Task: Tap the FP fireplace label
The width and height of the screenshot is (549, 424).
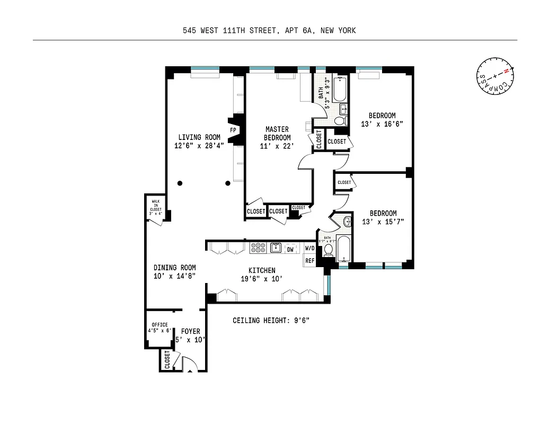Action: point(233,130)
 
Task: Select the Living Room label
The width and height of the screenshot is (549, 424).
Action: point(199,142)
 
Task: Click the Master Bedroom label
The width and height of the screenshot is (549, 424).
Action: point(277,137)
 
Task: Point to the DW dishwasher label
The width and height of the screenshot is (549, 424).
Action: point(290,249)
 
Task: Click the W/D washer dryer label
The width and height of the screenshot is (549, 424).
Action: point(309,248)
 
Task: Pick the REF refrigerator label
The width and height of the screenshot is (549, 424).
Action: point(309,260)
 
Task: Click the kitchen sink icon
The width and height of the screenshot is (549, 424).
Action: point(275,248)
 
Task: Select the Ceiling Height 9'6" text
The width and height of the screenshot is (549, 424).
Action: point(271,320)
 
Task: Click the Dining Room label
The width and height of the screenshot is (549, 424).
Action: point(175,271)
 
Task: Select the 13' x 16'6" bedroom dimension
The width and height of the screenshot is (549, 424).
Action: point(382,124)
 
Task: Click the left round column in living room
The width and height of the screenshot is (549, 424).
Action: point(180,183)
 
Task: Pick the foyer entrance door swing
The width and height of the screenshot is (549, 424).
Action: point(189,364)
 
